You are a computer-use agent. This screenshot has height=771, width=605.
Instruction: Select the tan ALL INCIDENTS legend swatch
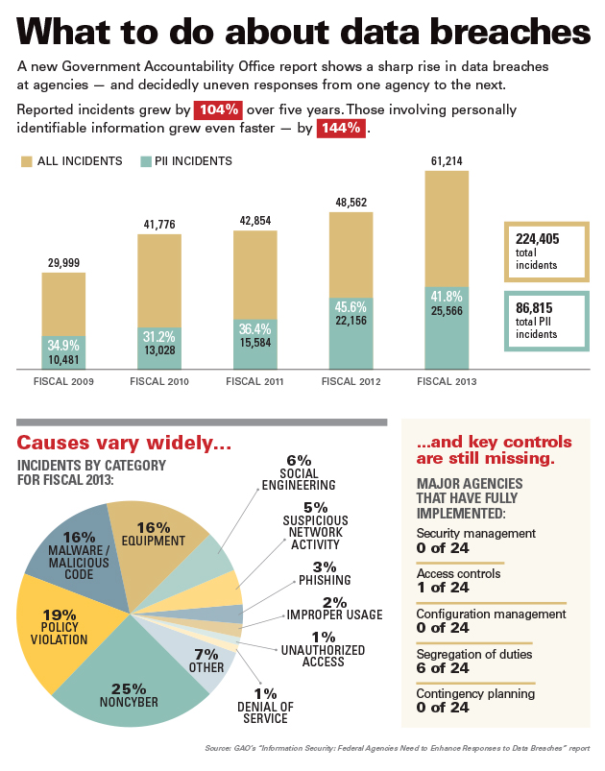26,160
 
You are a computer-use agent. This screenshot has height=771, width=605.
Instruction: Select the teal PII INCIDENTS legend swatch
147,160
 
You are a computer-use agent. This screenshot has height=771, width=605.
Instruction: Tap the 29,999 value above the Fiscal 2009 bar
63,262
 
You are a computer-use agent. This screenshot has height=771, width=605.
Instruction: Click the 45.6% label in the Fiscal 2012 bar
351,306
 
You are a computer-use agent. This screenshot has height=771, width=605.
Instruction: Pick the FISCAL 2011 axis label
254,382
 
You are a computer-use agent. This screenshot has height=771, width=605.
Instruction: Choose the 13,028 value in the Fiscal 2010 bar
159,349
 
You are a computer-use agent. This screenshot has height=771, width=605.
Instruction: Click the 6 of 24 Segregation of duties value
443,667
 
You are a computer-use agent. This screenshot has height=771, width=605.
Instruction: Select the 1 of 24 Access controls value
443,587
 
